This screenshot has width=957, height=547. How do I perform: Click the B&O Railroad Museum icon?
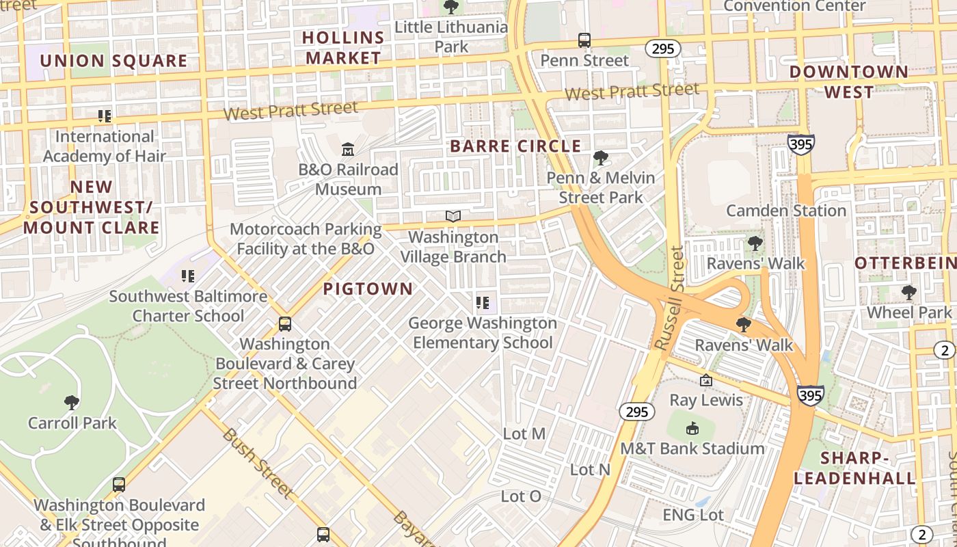pyautogui.click(x=348, y=149)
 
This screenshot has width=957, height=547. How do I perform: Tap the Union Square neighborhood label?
pyautogui.click(x=113, y=61)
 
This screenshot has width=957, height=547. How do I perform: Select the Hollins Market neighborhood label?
pyautogui.click(x=343, y=48)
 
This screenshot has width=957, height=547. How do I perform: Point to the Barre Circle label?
pyautogui.click(x=515, y=146)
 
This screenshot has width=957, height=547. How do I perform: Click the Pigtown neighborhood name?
pyautogui.click(x=368, y=289)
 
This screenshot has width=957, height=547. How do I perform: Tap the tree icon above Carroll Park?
pyautogui.click(x=72, y=403)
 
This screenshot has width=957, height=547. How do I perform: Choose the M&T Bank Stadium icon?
pyautogui.click(x=692, y=429)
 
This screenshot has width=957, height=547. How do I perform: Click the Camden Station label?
pyautogui.click(x=786, y=211)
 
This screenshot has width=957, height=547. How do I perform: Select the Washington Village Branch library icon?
pyautogui.click(x=453, y=217)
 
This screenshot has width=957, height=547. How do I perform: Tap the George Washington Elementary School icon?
pyautogui.click(x=483, y=302)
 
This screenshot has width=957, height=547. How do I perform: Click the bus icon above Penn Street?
pyautogui.click(x=584, y=40)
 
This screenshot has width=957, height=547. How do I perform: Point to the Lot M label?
pyautogui.click(x=524, y=433)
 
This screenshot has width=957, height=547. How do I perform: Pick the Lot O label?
pyautogui.click(x=521, y=496)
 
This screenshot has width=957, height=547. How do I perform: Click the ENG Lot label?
pyautogui.click(x=693, y=514)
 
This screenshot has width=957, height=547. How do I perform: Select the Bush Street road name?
pyautogui.click(x=258, y=463)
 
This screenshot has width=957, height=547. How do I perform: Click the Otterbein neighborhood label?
pyautogui.click(x=905, y=263)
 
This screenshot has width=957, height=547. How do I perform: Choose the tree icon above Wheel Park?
pyautogui.click(x=908, y=293)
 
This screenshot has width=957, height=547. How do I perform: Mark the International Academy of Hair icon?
pyautogui.click(x=104, y=116)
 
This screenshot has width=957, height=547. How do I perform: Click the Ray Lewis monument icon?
pyautogui.click(x=706, y=380)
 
